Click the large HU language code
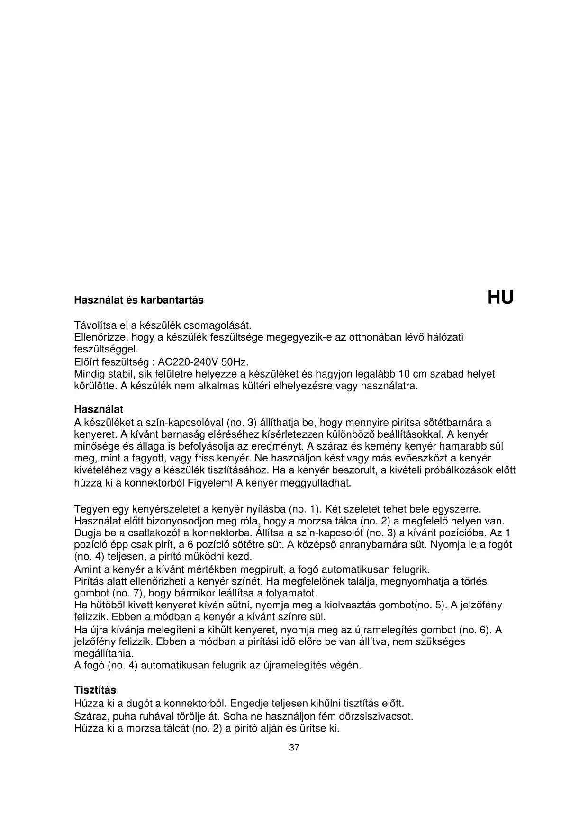[500, 298]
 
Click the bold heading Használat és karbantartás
[139, 300]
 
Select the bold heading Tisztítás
[95, 690]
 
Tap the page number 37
[294, 748]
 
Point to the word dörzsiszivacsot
[377, 716]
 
